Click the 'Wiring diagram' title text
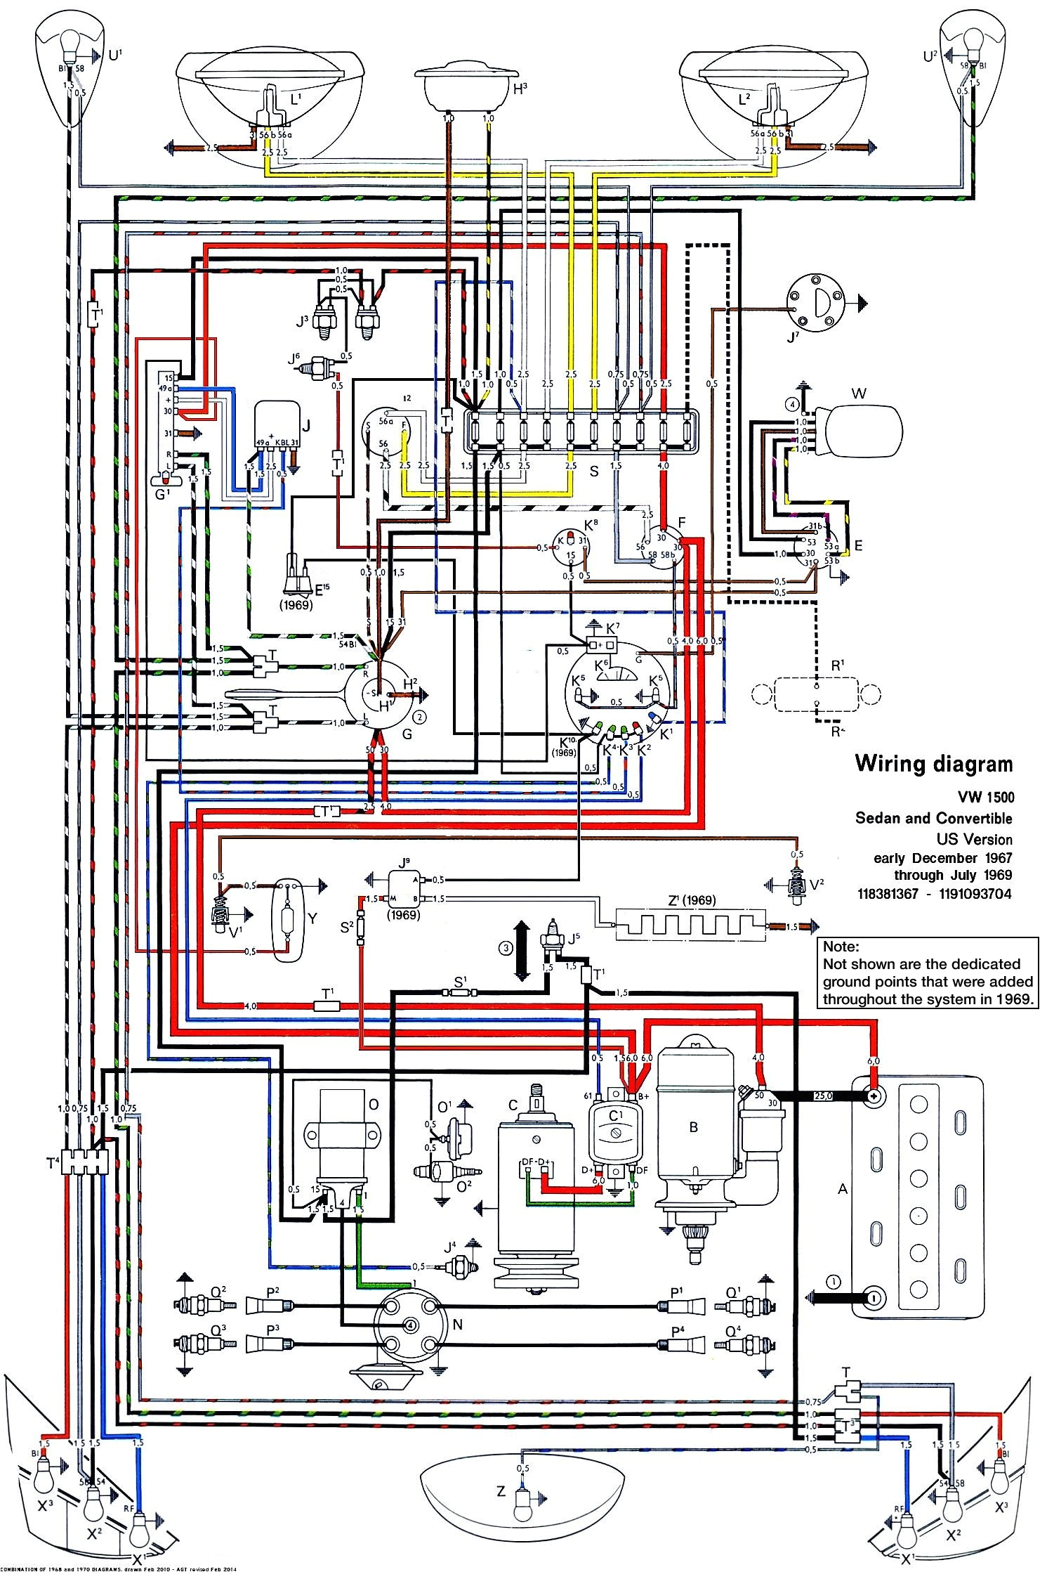click(x=933, y=764)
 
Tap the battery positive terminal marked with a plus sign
click(x=874, y=1096)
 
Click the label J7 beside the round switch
click(x=793, y=337)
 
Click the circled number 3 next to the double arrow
click(x=506, y=949)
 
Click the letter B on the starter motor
click(x=693, y=1127)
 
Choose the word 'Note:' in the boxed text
click(x=841, y=947)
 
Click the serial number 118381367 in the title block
click(x=887, y=894)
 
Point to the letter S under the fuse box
click(x=594, y=471)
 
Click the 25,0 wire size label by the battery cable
click(x=822, y=1096)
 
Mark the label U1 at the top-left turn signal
click(x=115, y=54)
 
